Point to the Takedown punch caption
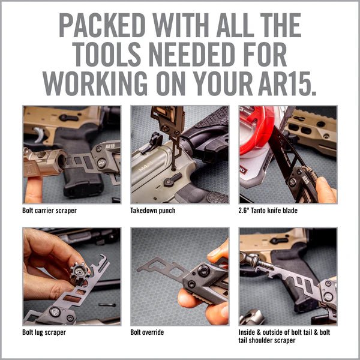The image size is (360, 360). point(153,211)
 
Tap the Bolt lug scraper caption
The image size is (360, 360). point(45,331)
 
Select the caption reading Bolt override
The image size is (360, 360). point(148,331)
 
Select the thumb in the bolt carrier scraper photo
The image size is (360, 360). point(34,186)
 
